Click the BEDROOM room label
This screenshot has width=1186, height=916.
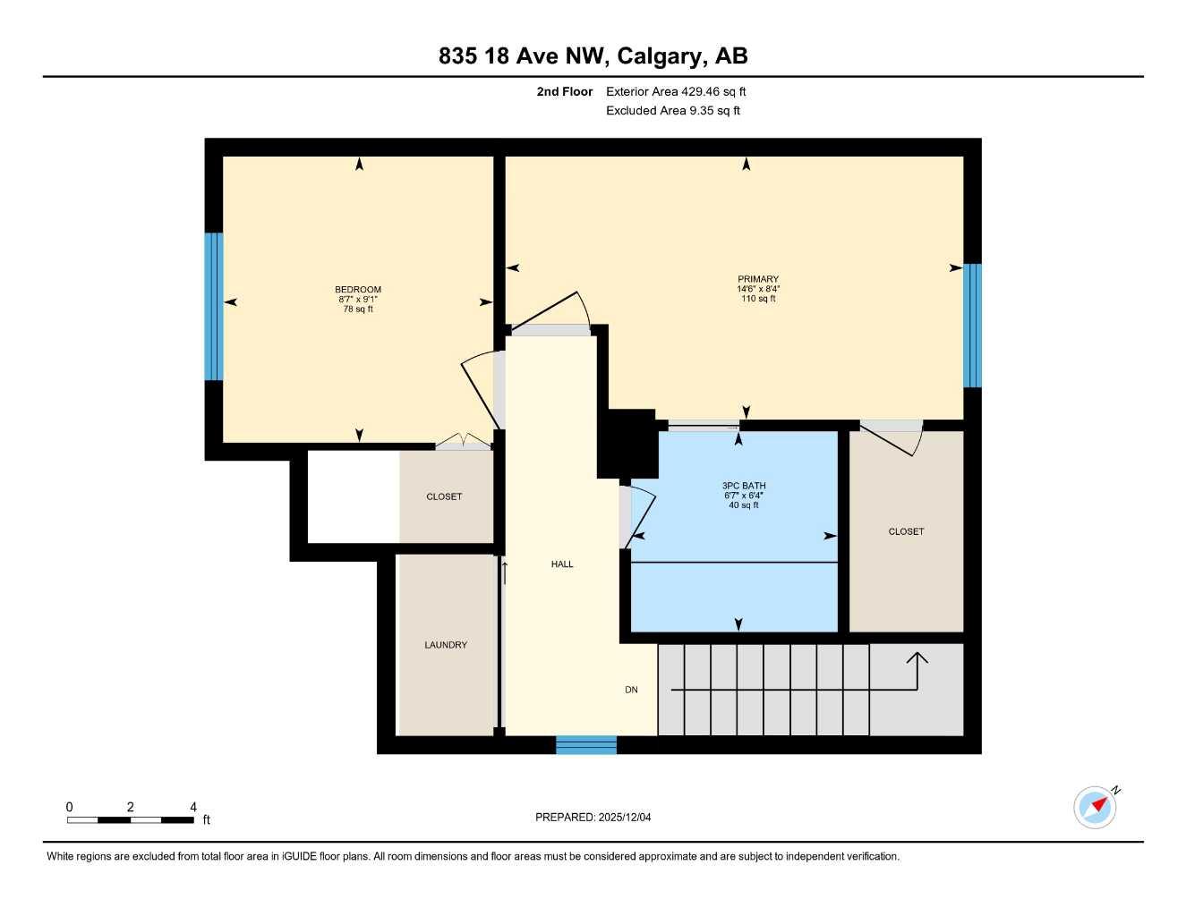[x=358, y=290]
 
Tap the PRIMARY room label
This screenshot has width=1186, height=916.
[x=758, y=279]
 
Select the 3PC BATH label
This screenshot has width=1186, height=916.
[x=744, y=486]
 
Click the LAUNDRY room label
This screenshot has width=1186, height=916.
[x=446, y=645]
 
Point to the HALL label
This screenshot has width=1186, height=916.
[x=562, y=564]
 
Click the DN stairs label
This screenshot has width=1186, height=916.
[x=631, y=690]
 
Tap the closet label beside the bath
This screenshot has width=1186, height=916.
[x=906, y=531]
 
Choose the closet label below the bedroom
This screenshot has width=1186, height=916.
[x=444, y=496]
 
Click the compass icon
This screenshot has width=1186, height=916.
[x=1096, y=807]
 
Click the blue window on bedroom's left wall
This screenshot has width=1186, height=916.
[x=213, y=307]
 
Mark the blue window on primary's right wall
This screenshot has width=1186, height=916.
[x=972, y=326]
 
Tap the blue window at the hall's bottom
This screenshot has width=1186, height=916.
[x=586, y=745]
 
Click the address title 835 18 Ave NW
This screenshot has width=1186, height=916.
[x=593, y=56]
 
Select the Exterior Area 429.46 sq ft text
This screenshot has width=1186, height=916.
[x=676, y=91]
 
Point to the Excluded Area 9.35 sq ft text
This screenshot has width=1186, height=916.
[x=673, y=111]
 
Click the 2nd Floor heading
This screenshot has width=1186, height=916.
[x=565, y=91]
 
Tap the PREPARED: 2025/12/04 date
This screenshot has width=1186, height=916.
[x=593, y=817]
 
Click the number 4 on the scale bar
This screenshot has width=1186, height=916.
[x=193, y=807]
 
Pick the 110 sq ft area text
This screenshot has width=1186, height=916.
[x=758, y=299]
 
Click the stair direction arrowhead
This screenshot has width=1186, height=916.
[x=917, y=657]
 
